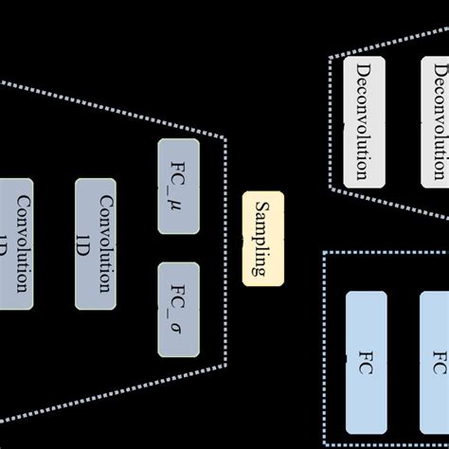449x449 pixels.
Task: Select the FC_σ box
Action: pyautogui.click(x=178, y=310)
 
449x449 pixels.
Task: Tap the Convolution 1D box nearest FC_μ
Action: pyautogui.click(x=97, y=243)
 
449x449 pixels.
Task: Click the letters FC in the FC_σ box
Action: pyautogui.click(x=178, y=293)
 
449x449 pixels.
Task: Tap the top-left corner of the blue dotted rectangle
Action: pyautogui.click(x=325, y=252)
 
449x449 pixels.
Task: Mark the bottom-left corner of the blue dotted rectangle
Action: pyautogui.click(x=325, y=444)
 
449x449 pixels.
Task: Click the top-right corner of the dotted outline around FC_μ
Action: pyautogui.click(x=225, y=139)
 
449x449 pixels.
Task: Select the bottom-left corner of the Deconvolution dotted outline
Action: pyautogui.click(x=331, y=189)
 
